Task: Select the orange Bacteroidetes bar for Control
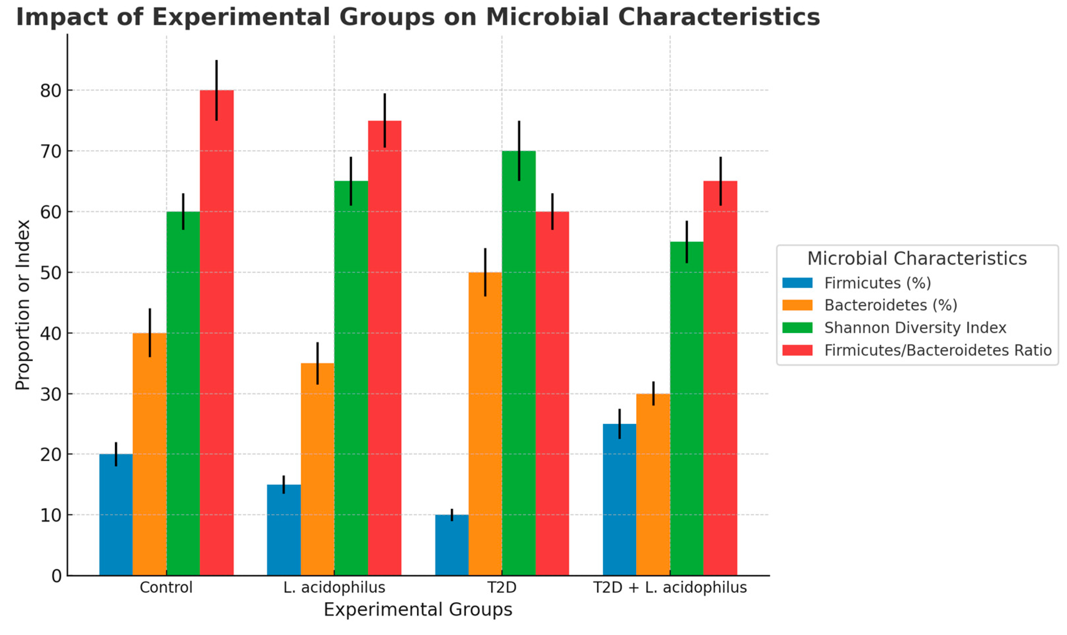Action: click(149, 453)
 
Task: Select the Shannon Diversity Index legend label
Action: click(915, 328)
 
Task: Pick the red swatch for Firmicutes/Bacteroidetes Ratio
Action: click(797, 350)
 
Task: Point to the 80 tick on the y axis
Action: click(50, 90)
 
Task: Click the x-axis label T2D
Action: click(502, 588)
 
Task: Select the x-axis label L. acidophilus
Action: click(334, 588)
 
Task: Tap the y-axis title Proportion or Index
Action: click(22, 305)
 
